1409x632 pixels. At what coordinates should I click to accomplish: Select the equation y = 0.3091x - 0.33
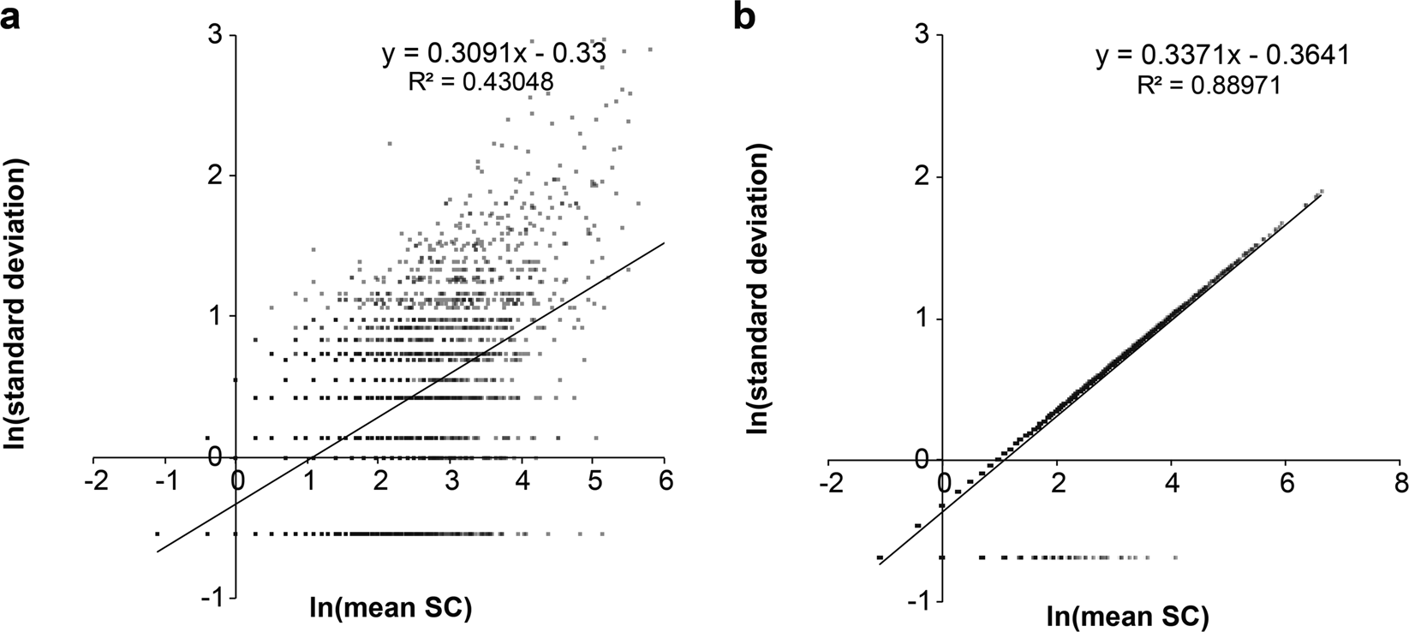[494, 55]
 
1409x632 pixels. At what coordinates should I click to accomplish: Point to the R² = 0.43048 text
[482, 81]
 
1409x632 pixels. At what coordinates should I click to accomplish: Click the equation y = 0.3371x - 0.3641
[1223, 57]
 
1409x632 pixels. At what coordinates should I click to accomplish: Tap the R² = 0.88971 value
[1209, 84]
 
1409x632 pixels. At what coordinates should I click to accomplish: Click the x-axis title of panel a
[391, 609]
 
